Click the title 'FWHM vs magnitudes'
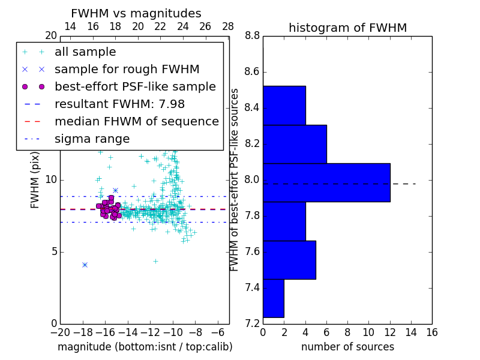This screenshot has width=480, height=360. click(x=136, y=14)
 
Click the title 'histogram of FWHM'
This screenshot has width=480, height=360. click(x=347, y=28)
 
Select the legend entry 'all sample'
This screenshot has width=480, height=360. click(x=85, y=52)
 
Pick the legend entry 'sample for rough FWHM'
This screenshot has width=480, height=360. click(x=127, y=70)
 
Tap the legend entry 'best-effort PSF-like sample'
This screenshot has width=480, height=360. click(x=135, y=87)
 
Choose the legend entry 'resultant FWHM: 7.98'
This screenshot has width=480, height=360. click(x=119, y=104)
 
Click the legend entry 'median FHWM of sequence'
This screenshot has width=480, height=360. click(x=136, y=122)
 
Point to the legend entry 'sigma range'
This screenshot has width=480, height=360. click(x=92, y=139)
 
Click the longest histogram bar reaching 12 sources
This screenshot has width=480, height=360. click(x=326, y=182)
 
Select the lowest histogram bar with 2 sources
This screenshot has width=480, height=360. click(x=274, y=298)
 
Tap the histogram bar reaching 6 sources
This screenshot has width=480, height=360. click(x=295, y=144)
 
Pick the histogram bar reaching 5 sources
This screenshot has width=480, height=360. click(x=289, y=260)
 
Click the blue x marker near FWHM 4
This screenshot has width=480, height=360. click(x=85, y=265)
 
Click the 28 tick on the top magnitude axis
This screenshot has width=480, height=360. click(x=228, y=27)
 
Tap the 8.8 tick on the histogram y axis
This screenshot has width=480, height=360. click(x=252, y=36)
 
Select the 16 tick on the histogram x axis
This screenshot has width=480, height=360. click(x=431, y=332)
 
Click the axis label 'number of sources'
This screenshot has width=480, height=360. click(x=347, y=347)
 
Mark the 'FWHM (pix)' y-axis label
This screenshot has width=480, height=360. click(x=35, y=180)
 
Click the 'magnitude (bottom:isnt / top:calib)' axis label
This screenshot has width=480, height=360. click(x=145, y=347)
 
